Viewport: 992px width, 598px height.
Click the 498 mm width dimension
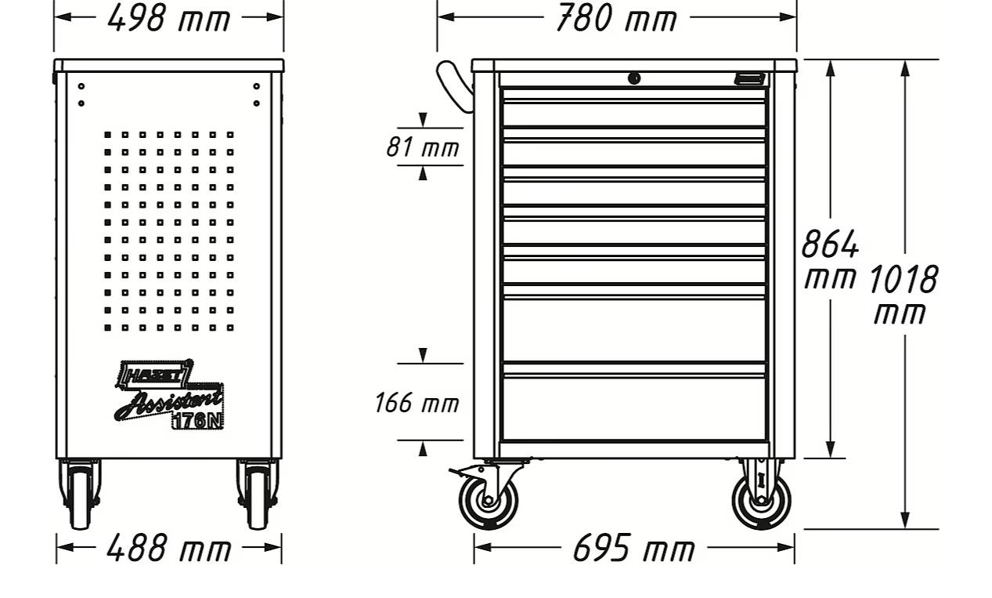point(168,17)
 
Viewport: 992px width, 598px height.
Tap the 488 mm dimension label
point(168,547)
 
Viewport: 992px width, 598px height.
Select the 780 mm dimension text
point(615,17)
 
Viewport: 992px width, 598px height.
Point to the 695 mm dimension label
point(633,547)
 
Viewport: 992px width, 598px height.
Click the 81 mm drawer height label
point(422,147)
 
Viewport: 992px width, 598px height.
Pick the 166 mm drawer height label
point(416,403)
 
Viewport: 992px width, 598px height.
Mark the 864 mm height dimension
point(830,259)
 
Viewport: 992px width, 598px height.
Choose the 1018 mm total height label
point(902,294)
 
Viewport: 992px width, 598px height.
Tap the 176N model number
point(197,420)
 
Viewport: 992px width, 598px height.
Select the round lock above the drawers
point(634,78)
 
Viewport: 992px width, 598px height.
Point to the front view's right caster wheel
point(761,498)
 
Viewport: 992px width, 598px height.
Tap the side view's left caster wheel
point(80,497)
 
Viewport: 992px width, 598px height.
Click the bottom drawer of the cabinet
point(633,408)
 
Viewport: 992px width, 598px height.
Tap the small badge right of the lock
point(749,78)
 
